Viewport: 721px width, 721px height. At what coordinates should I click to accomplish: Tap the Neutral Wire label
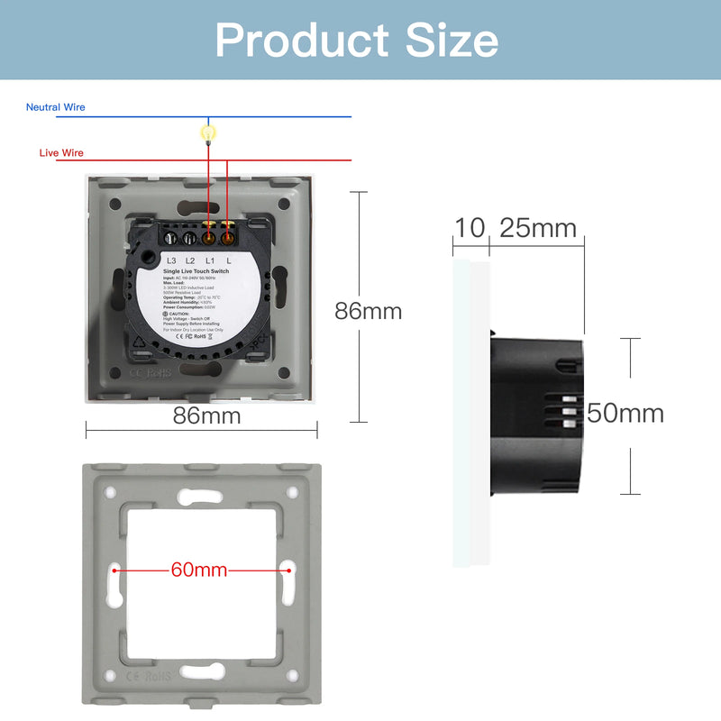pos(56,107)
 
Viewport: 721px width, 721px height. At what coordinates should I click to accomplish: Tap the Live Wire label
pos(61,153)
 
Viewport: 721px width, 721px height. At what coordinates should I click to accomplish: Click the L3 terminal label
pos(172,260)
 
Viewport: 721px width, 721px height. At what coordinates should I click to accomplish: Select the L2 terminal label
pos(190,260)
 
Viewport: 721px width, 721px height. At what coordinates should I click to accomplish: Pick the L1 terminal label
pos(209,260)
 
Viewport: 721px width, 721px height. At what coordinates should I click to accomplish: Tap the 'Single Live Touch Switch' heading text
pos(196,270)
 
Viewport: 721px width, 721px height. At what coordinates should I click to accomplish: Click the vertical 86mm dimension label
pos(368,312)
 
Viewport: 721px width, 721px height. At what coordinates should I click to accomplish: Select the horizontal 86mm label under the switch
pos(207,415)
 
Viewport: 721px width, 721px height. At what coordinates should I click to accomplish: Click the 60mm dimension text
pos(198,570)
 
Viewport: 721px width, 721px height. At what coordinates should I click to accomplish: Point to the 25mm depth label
pos(538,228)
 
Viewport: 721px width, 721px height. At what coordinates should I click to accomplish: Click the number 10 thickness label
pos(470,228)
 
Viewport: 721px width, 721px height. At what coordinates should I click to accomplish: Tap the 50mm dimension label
pos(625,414)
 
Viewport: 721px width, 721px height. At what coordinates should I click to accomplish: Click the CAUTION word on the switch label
pos(179,314)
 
